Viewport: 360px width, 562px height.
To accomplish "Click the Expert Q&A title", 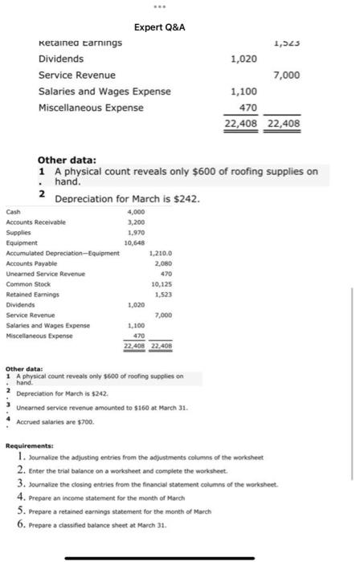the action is tap(159, 27).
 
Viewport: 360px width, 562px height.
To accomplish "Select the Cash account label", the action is tap(14, 212).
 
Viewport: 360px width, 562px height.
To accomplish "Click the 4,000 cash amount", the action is tap(135, 212).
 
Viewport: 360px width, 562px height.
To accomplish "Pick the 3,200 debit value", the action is tap(135, 221).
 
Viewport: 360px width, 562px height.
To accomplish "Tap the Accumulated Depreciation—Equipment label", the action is tap(62, 253).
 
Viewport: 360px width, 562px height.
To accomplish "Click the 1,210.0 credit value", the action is tap(161, 253).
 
